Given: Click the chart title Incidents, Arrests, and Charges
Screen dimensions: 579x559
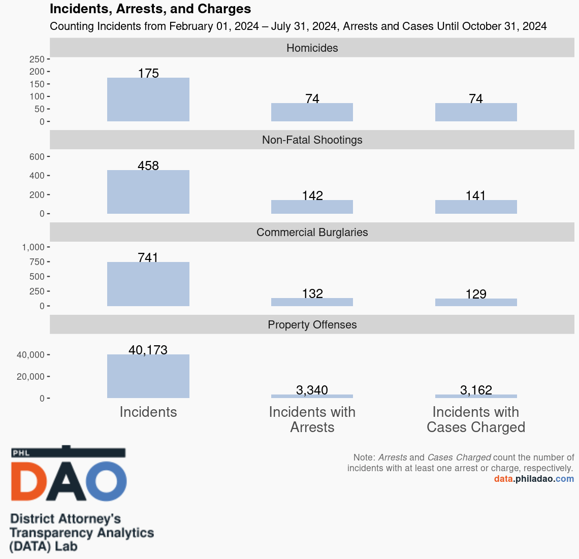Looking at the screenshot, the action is coord(150,9).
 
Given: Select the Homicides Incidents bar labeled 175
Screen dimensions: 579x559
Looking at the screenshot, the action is coord(148,100).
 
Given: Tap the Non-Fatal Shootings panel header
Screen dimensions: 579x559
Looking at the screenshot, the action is coord(312,140).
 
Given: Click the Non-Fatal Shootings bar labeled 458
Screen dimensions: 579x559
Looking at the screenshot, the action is coord(148,192).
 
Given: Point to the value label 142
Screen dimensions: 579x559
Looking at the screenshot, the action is coord(312,195).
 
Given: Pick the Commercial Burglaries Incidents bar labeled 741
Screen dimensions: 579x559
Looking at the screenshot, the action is coord(148,284).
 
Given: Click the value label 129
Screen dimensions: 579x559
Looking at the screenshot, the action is coord(476,294).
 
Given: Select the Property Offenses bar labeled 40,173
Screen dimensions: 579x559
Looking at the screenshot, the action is coord(148,376).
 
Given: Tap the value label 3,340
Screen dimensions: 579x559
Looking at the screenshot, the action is coord(312,390).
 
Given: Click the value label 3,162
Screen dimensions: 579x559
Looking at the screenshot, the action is coord(476,390).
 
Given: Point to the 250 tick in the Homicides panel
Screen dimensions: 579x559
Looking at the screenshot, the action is coord(37,59).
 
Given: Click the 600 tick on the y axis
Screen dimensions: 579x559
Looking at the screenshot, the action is coord(37,157).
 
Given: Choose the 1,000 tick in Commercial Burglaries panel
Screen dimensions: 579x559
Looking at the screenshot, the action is coord(34,247).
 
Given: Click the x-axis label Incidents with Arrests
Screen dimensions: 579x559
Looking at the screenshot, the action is coord(312,419).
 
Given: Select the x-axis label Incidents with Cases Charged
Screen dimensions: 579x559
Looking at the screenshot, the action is coord(476,419).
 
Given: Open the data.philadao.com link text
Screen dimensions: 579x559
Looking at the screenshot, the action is coord(534,479).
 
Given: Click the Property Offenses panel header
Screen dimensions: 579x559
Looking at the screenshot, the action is coord(312,324).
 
